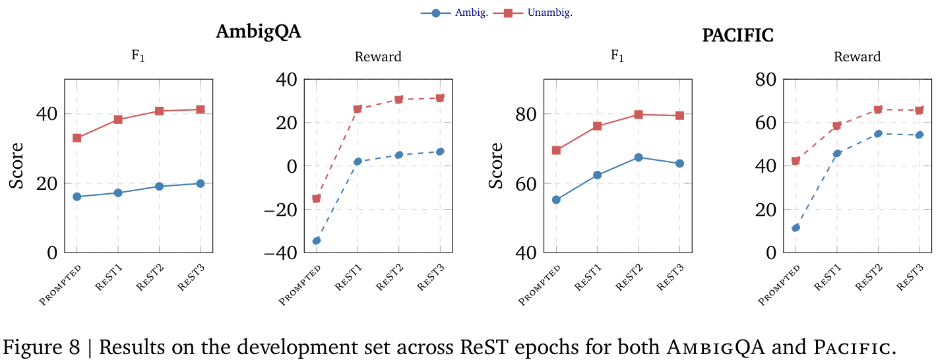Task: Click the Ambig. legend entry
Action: pos(454,13)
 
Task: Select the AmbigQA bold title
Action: pos(258,32)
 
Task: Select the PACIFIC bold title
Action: pos(737,35)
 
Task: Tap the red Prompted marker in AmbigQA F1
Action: pos(77,138)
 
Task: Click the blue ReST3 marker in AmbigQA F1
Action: pos(200,183)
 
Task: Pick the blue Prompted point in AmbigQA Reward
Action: pos(316,241)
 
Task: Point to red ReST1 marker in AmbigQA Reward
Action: pos(358,109)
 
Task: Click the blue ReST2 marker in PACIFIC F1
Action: pos(639,157)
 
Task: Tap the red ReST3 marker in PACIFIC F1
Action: pos(679,115)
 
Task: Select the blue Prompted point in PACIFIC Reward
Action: pos(796,227)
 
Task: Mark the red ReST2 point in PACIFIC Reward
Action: pos(878,109)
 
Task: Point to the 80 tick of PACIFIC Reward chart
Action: pos(768,80)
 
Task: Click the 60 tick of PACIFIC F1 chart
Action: pos(528,183)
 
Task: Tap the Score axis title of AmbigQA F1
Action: pos(16,165)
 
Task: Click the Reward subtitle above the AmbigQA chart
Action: pos(378,57)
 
